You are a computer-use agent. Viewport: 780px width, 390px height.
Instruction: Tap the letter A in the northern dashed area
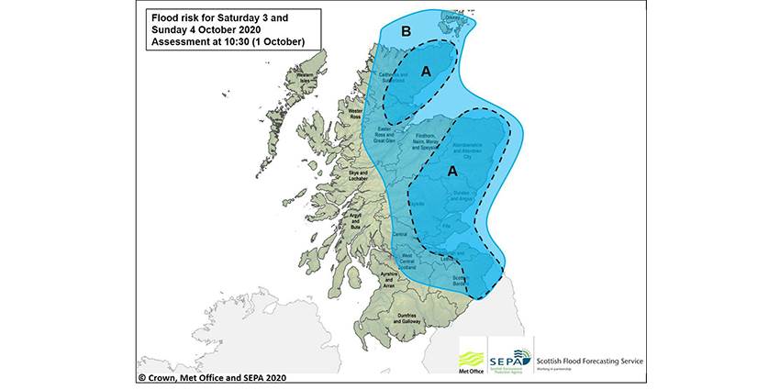pos(426,71)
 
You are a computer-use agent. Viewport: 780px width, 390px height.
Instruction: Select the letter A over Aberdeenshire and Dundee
pos(451,171)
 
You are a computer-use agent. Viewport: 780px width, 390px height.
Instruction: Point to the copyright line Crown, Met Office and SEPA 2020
pos(210,376)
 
